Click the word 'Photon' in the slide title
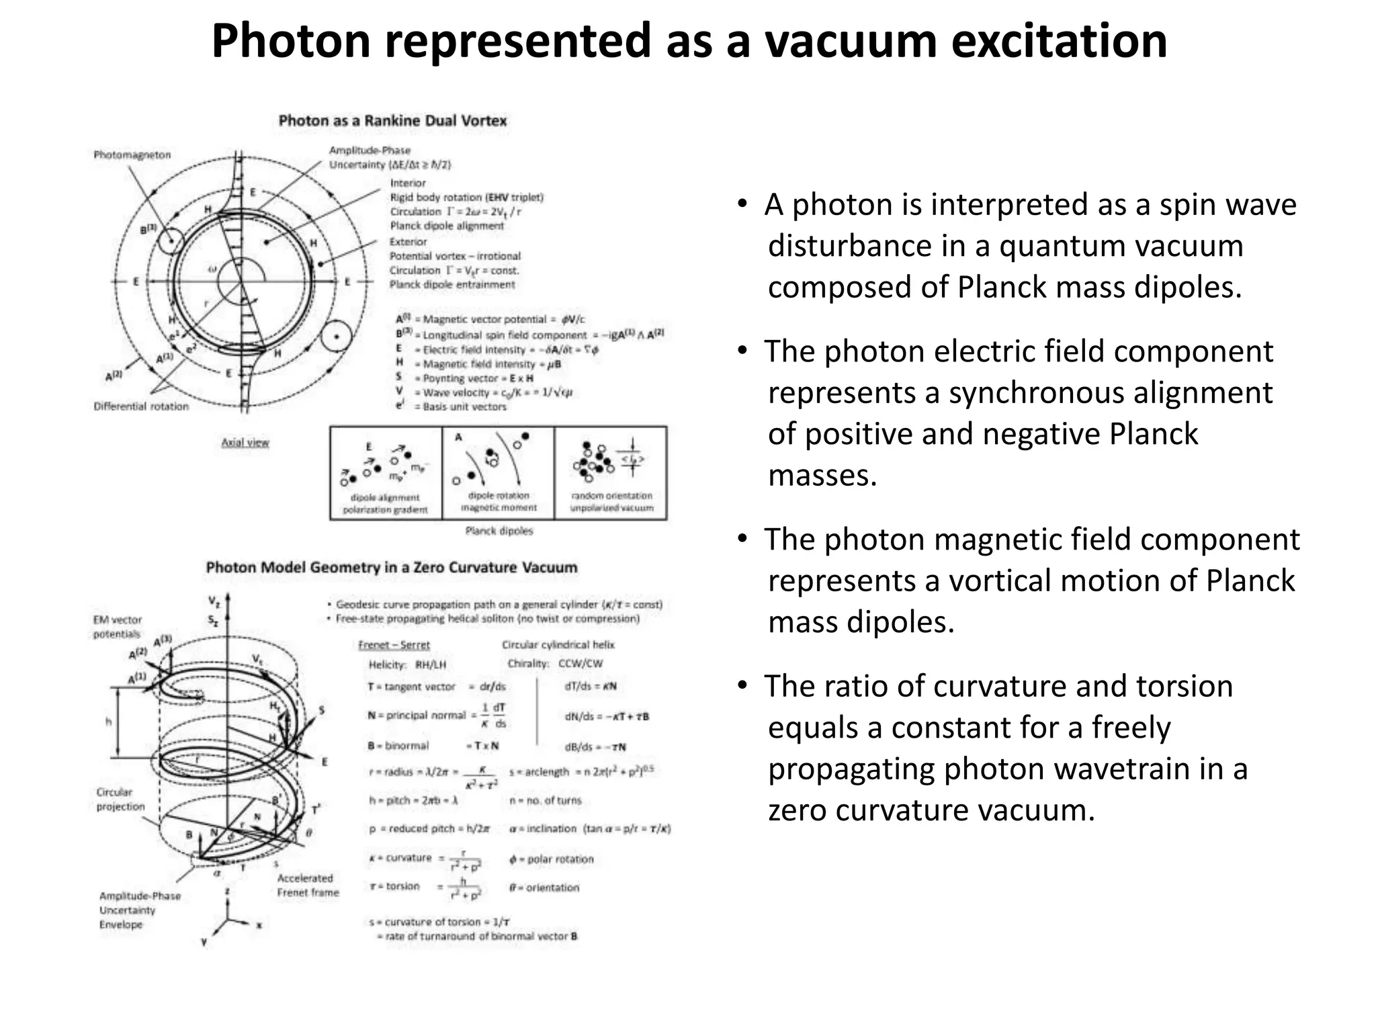click(x=290, y=42)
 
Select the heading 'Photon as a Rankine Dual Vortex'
click(x=392, y=121)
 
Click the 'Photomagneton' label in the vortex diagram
click(x=132, y=155)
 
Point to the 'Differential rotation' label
click(x=141, y=406)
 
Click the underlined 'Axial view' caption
click(x=245, y=443)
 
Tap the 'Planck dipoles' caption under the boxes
click(x=499, y=531)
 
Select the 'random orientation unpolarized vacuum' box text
click(x=611, y=502)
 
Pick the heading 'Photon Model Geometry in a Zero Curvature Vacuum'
click(x=391, y=568)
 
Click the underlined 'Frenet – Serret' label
click(x=394, y=645)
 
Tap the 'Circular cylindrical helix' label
click(x=558, y=645)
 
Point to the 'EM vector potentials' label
click(x=118, y=627)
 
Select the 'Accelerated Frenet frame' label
click(x=308, y=886)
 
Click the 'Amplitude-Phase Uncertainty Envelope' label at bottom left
click(x=140, y=910)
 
